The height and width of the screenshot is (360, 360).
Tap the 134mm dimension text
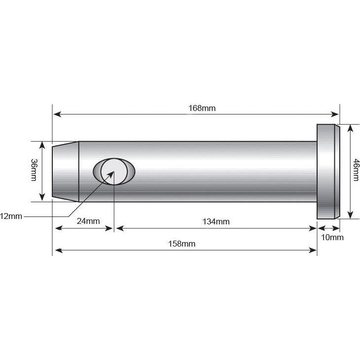[216, 221]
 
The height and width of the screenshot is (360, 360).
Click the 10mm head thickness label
[332, 237]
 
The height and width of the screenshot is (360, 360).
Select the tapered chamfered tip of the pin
[66, 171]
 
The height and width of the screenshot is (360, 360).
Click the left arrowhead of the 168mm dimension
[57, 114]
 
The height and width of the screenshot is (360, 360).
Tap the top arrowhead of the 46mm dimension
[350, 127]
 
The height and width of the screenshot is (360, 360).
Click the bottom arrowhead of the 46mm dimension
[350, 215]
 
